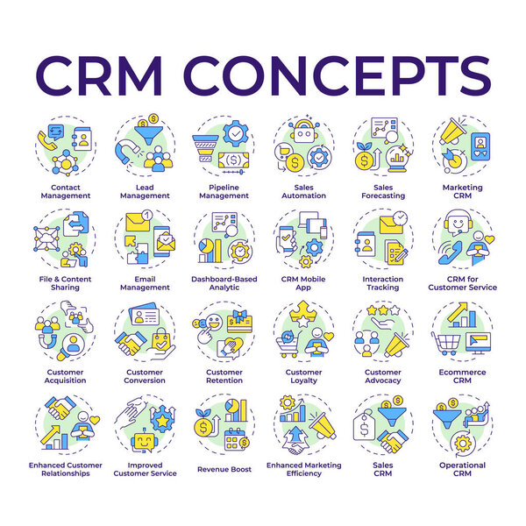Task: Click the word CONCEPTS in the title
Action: (x=338, y=76)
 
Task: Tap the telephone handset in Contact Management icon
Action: (x=46, y=140)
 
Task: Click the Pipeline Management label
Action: (x=224, y=191)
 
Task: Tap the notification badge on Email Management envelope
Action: (x=147, y=215)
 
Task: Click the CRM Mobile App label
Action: (x=303, y=283)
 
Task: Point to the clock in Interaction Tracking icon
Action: (x=400, y=218)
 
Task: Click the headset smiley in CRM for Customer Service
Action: (x=458, y=222)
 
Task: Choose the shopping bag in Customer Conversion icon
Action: (x=160, y=340)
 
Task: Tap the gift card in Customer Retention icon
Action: (x=239, y=321)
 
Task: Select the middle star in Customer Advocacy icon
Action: (x=383, y=310)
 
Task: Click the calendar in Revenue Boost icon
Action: (x=235, y=439)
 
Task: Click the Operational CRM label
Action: (x=462, y=469)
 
